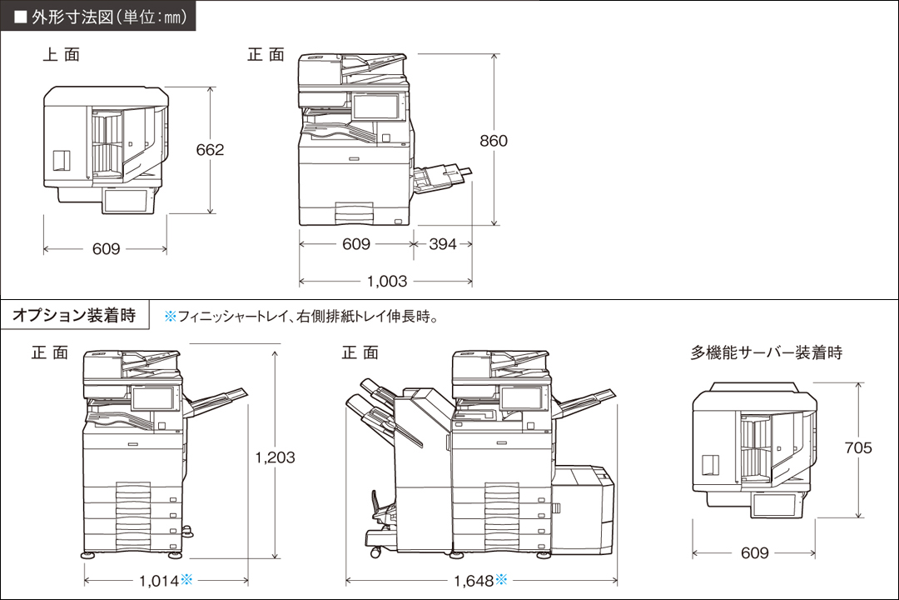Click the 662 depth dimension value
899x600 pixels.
[210, 150]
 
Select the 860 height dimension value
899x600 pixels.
[493, 141]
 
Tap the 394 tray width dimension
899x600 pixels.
[442, 245]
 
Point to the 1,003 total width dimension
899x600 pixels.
[387, 282]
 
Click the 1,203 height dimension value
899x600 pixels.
[275, 457]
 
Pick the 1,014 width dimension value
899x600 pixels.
[158, 580]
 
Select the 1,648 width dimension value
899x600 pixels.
[474, 580]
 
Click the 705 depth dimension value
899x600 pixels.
[857, 448]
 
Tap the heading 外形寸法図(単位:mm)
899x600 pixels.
[98, 16]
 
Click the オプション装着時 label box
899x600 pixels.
[74, 316]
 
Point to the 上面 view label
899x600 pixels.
[62, 55]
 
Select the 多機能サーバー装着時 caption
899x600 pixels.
[766, 353]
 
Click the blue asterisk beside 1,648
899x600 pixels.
[502, 579]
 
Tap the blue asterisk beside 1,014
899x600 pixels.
[186, 579]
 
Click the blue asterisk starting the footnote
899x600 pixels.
[170, 317]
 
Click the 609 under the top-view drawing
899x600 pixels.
[106, 249]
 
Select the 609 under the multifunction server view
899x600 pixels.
[754, 553]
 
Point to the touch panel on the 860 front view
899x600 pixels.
[376, 106]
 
